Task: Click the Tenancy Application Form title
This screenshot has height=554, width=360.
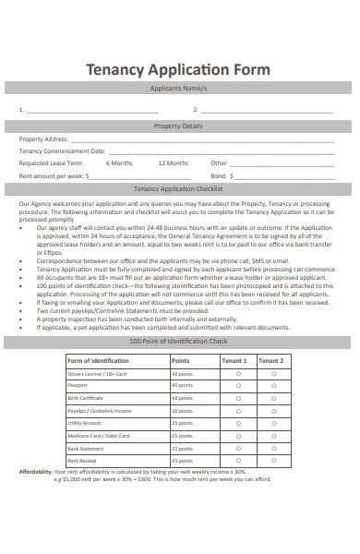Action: (x=178, y=69)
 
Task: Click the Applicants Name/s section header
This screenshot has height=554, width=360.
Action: (x=179, y=89)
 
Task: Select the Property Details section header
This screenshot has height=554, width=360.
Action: (x=179, y=126)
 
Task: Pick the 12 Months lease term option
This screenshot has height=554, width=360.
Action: (x=173, y=163)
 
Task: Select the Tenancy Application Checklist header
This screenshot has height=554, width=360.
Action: (x=179, y=188)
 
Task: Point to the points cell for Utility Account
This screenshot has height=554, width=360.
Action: (x=182, y=422)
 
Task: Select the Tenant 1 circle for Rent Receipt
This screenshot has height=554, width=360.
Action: (x=238, y=459)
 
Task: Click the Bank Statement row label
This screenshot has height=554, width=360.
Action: (x=86, y=447)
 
